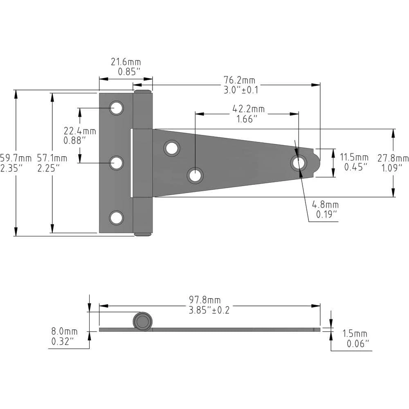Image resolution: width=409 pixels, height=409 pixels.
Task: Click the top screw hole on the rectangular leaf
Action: [x=117, y=108]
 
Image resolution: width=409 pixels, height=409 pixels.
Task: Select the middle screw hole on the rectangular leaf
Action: [x=117, y=163]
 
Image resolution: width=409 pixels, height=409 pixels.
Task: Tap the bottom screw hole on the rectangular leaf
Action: [x=117, y=218]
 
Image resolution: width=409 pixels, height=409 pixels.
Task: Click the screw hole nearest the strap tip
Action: [x=299, y=163]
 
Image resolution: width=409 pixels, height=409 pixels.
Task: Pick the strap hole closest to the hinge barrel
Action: [x=172, y=148]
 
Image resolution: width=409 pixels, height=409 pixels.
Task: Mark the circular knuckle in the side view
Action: [x=143, y=321]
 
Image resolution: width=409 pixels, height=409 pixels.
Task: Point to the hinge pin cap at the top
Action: [x=142, y=91]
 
